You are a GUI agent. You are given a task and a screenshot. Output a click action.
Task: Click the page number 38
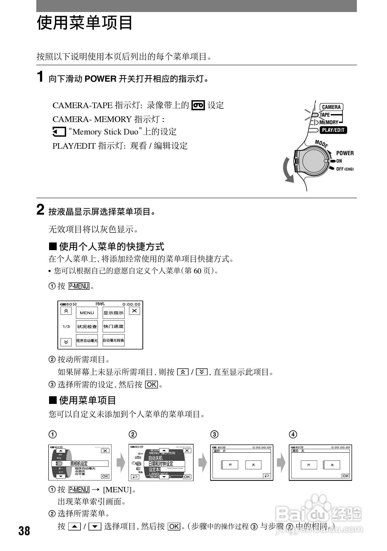pos(24,531)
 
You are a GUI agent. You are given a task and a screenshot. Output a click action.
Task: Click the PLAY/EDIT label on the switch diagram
pos(333,130)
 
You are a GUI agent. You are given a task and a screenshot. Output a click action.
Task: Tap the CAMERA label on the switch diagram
pos(331,107)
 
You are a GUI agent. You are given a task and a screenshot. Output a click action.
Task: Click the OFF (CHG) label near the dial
pos(345,169)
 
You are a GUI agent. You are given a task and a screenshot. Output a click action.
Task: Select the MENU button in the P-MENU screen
pos(87,313)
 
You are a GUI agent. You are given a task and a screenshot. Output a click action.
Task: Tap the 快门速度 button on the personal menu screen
pos(114,326)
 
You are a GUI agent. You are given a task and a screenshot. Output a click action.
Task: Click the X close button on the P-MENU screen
pos(134,311)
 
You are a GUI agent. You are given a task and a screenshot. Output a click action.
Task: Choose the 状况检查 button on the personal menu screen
pos(87,326)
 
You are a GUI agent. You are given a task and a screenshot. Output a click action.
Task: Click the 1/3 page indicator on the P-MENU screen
pos(66,326)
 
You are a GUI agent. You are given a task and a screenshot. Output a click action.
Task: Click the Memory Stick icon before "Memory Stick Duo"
pos(59,132)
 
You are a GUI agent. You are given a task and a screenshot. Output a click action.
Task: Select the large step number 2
pos(40,210)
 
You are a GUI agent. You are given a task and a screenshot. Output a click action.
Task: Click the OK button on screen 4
pos(345,476)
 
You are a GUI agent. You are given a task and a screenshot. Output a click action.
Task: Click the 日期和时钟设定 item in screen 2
pos(161,464)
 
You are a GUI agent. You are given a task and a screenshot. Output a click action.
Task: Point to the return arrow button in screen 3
pos(267,476)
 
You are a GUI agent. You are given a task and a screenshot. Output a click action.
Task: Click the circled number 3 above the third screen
pos(214,435)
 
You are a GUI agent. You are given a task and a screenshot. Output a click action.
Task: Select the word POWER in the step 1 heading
pos(101,79)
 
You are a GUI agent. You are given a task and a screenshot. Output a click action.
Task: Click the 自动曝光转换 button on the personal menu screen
pos(114,340)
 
